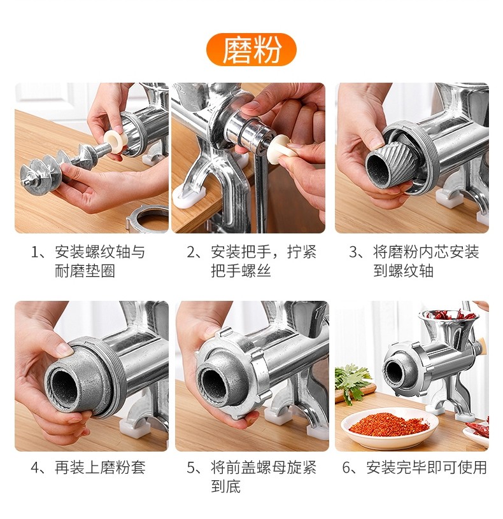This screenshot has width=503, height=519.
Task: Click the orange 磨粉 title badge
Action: pos(251,50)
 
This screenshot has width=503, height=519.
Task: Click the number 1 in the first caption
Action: pos(35,253)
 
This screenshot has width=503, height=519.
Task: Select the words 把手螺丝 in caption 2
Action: pos(241,271)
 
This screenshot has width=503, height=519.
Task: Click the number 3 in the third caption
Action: pos(353,253)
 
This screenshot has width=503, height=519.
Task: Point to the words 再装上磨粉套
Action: pos(100,467)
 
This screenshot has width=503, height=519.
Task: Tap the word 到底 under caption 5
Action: pos(226,486)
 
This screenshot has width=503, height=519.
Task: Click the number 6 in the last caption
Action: pos(346,467)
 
